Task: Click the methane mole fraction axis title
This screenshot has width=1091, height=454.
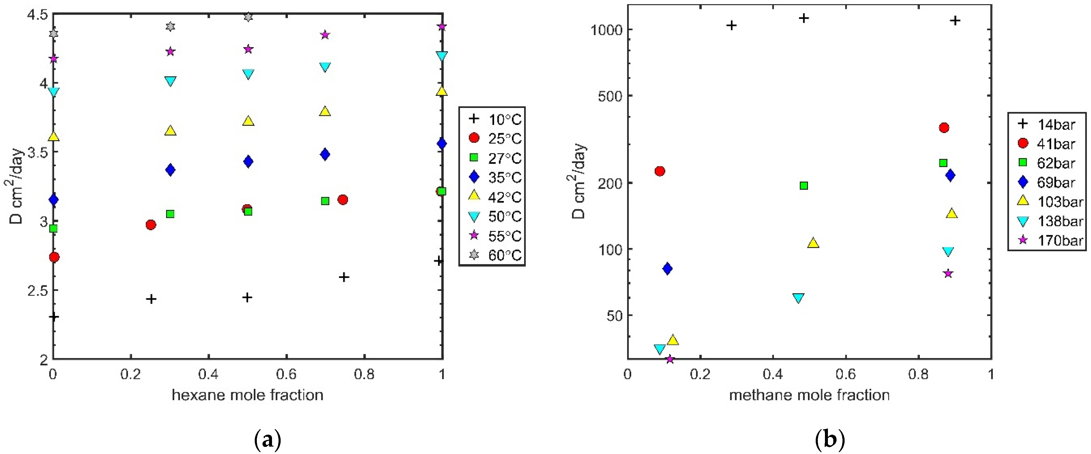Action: [809, 395]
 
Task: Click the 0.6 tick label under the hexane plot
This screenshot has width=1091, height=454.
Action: [286, 374]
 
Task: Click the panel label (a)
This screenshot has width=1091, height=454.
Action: [267, 440]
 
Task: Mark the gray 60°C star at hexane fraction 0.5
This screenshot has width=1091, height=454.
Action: [248, 17]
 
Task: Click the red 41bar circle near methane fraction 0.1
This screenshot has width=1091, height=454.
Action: [659, 171]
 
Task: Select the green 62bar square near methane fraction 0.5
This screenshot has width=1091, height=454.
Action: [804, 185]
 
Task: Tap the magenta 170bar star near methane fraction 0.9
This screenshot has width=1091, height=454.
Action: [948, 273]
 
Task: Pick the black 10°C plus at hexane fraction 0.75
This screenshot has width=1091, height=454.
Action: [344, 277]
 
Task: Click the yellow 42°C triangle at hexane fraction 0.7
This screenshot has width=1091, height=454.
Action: [325, 111]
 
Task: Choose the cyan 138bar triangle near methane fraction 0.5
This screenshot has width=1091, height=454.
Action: [798, 298]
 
